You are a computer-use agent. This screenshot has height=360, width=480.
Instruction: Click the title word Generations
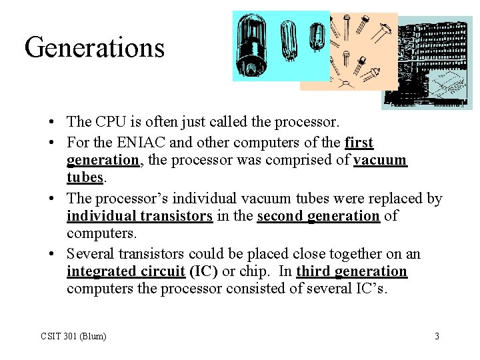pos(94,48)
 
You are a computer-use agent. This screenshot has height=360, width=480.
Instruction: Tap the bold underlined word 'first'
pos(359,143)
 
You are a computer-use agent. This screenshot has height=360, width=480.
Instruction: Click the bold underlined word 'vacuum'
pos(380,161)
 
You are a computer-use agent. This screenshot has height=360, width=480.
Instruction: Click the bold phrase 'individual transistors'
pos(139,216)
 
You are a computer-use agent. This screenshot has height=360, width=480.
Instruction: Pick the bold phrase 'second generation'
pos(318,216)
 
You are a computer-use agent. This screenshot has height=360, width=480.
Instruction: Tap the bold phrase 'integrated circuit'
pos(125,271)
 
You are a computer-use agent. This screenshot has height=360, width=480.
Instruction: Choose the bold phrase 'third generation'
pos(351,271)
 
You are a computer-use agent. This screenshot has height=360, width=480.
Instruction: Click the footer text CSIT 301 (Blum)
pos(73,336)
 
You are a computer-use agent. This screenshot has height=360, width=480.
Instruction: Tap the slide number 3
pos(437,336)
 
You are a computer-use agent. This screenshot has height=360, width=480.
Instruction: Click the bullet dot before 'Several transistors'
pos(51,254)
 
